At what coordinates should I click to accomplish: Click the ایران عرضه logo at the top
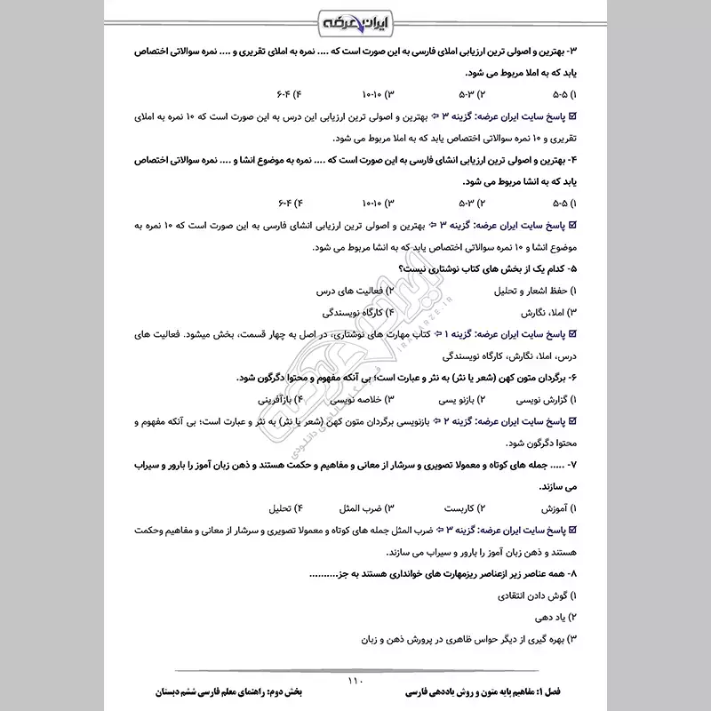[x=355, y=20]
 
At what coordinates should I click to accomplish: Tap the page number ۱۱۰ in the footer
[x=355, y=681]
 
